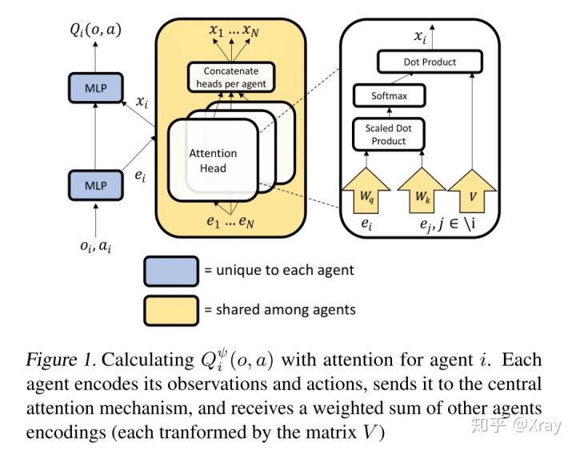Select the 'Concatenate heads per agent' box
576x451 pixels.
[x=230, y=78]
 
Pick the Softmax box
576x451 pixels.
[x=389, y=96]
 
